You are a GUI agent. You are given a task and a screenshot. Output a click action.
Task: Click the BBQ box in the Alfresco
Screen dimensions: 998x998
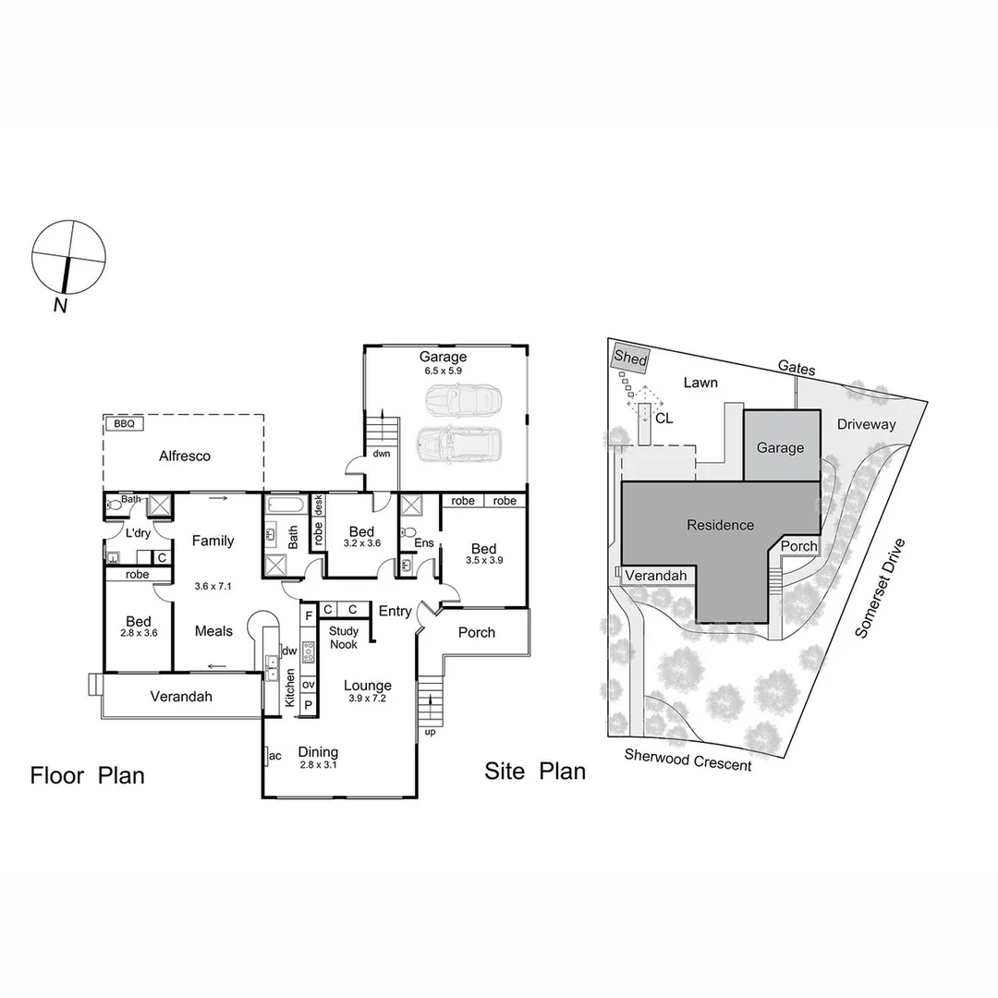(x=125, y=424)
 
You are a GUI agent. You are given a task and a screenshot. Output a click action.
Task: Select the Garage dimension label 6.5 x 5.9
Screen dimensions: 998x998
(x=442, y=371)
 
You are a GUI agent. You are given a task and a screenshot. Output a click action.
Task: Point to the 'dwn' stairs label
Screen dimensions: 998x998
(x=382, y=454)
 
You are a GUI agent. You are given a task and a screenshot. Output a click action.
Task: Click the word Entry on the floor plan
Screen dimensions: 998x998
(x=396, y=611)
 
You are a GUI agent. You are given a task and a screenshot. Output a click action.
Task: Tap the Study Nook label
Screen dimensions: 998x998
(x=344, y=638)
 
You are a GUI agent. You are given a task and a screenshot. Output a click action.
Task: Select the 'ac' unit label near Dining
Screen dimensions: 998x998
(x=274, y=756)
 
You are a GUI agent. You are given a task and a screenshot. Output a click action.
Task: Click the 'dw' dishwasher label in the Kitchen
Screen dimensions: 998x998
(x=289, y=651)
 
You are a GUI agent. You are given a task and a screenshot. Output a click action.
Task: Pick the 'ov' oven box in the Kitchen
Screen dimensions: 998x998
(x=309, y=685)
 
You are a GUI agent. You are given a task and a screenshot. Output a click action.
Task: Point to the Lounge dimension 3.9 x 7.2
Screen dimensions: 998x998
(x=368, y=700)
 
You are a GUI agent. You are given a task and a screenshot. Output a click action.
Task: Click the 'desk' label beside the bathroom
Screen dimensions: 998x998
(x=319, y=505)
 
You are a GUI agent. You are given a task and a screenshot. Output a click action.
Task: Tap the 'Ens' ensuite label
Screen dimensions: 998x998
(x=425, y=543)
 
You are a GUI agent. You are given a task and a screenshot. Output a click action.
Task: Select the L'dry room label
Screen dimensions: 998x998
(x=139, y=533)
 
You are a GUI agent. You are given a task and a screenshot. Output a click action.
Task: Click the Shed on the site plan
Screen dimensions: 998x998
(x=630, y=359)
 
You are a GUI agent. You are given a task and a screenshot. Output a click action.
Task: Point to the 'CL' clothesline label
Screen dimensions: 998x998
(x=663, y=418)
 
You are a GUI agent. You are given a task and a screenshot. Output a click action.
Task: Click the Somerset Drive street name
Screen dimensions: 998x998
(x=883, y=589)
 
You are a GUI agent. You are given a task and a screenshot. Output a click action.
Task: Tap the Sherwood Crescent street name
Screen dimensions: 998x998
(x=688, y=760)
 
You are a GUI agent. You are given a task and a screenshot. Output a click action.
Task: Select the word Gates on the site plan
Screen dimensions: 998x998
(x=797, y=369)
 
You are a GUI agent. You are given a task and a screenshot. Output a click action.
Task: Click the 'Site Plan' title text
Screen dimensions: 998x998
(x=535, y=772)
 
